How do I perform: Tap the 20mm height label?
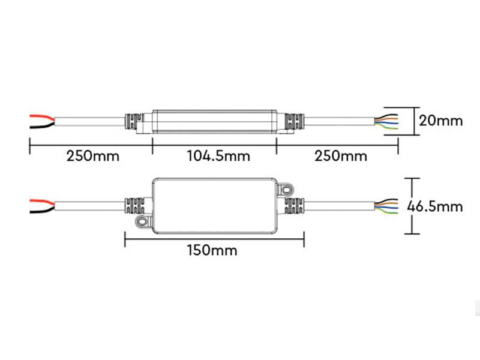tap(441, 121)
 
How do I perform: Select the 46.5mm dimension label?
tap(435, 206)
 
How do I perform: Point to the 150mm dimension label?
tap(212, 250)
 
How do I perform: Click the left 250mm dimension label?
tap(93, 157)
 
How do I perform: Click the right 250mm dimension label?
tap(340, 157)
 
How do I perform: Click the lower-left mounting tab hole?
tap(143, 223)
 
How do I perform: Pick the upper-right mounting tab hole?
tap(287, 189)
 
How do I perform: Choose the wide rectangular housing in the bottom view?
tap(215, 206)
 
